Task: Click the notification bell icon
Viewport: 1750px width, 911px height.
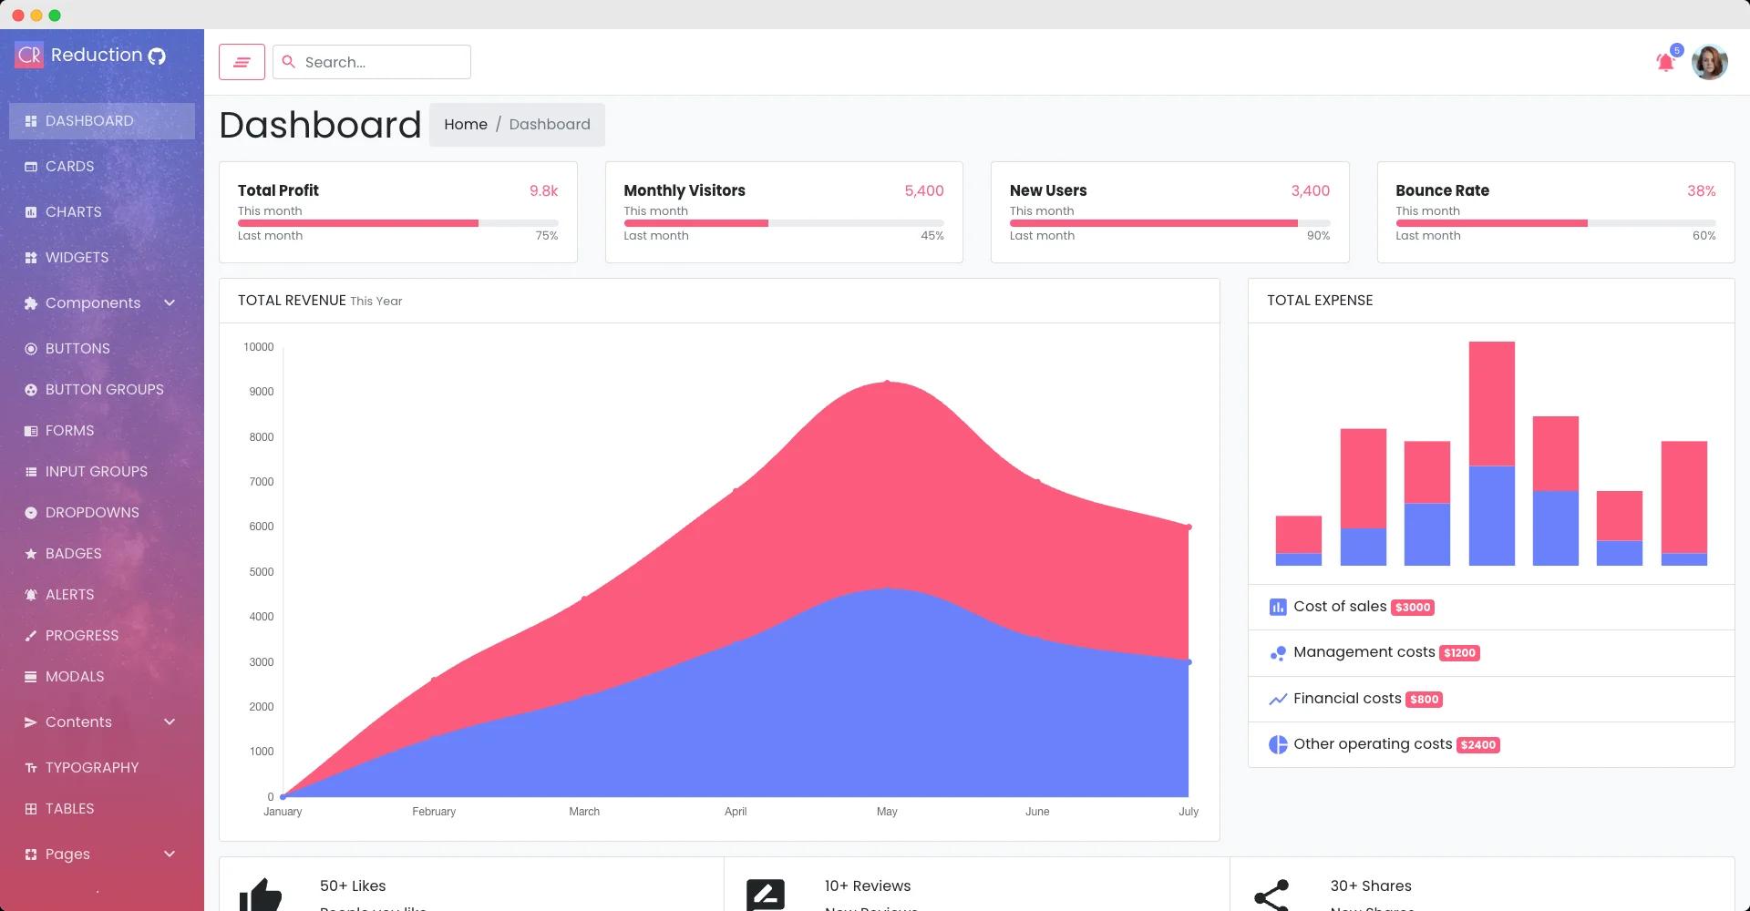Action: tap(1665, 62)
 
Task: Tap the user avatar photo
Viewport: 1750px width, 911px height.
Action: tap(1709, 62)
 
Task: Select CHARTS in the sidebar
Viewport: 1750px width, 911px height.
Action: tap(73, 211)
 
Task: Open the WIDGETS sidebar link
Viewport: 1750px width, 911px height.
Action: tap(77, 257)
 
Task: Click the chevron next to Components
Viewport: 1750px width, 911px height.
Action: tap(170, 302)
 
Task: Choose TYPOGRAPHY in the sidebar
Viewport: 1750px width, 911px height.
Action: tap(91, 767)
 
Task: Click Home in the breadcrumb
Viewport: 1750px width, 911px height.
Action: tap(465, 124)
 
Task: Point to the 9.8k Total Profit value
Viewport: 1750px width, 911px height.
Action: tap(543, 190)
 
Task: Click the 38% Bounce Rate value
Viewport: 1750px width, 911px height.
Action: tap(1701, 190)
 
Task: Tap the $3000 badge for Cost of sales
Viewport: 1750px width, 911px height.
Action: tap(1412, 608)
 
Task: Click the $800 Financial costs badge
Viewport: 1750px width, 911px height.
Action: tap(1424, 700)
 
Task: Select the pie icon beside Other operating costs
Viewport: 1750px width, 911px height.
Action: tap(1278, 744)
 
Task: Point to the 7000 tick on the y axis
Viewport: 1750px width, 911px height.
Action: tap(261, 482)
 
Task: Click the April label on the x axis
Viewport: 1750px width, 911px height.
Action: tap(736, 812)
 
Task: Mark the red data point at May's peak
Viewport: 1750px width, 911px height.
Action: tap(887, 383)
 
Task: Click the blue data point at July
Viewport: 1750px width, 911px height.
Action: tap(1189, 662)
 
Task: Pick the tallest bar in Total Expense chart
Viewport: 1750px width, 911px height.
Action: tap(1491, 453)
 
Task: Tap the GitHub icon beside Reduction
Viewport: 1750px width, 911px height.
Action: tap(157, 56)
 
